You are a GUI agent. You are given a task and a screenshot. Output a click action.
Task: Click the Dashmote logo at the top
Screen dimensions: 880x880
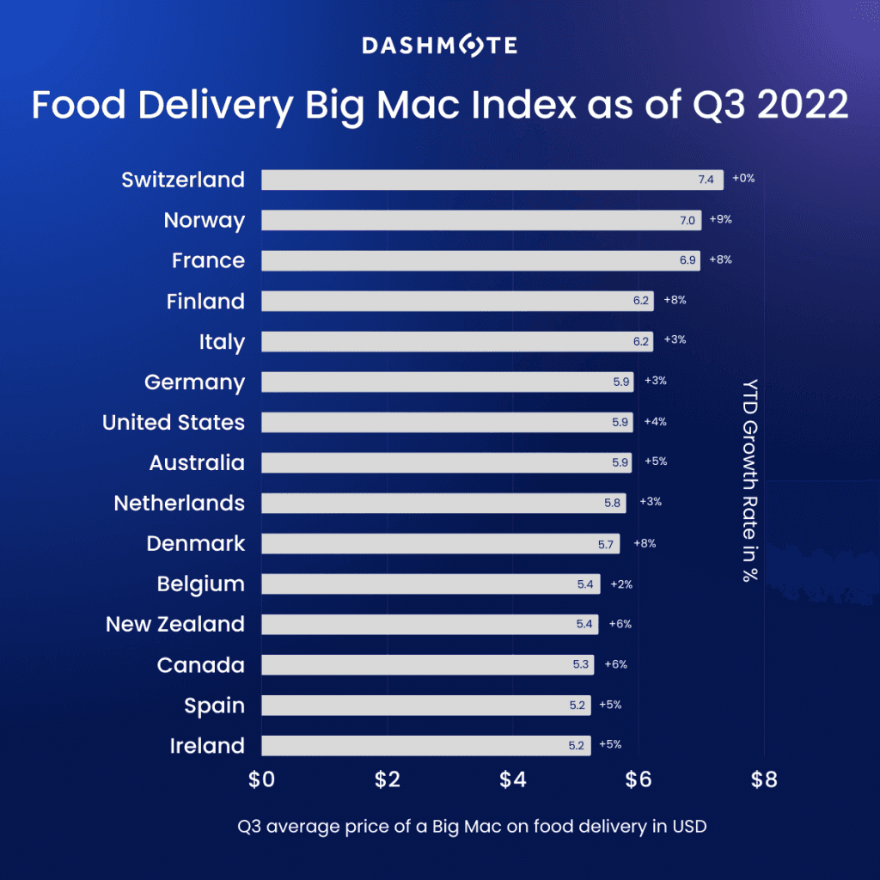point(439,45)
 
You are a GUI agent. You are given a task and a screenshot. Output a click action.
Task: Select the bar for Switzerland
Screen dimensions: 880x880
point(492,180)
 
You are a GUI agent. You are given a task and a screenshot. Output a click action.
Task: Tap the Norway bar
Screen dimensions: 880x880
point(480,220)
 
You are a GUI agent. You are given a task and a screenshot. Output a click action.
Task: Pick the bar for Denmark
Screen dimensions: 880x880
point(440,543)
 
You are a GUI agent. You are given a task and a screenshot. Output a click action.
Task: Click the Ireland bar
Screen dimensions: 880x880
point(425,745)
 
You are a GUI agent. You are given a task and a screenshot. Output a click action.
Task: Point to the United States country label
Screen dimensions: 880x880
point(174,422)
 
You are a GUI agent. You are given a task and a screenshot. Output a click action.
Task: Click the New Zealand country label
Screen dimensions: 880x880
point(175,624)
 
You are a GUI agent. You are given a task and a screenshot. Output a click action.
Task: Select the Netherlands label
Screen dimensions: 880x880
point(179,503)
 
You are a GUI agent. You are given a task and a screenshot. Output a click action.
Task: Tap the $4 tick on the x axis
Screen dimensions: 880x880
point(513,780)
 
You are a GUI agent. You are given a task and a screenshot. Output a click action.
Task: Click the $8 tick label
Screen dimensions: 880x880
point(764,780)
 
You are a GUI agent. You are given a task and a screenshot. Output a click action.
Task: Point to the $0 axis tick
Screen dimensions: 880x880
point(261,780)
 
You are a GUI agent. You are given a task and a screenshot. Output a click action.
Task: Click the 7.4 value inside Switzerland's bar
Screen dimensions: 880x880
point(706,180)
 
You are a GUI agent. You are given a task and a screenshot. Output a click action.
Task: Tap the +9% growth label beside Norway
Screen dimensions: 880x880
point(720,219)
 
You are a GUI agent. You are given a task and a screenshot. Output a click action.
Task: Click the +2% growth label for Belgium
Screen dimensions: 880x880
point(621,584)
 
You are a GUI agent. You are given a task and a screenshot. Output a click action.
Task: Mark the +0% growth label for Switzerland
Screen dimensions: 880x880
point(743,179)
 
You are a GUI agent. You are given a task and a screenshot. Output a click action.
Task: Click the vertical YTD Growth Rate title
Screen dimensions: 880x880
point(749,480)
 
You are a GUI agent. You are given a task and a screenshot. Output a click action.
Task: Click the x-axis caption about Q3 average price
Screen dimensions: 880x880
point(472,827)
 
